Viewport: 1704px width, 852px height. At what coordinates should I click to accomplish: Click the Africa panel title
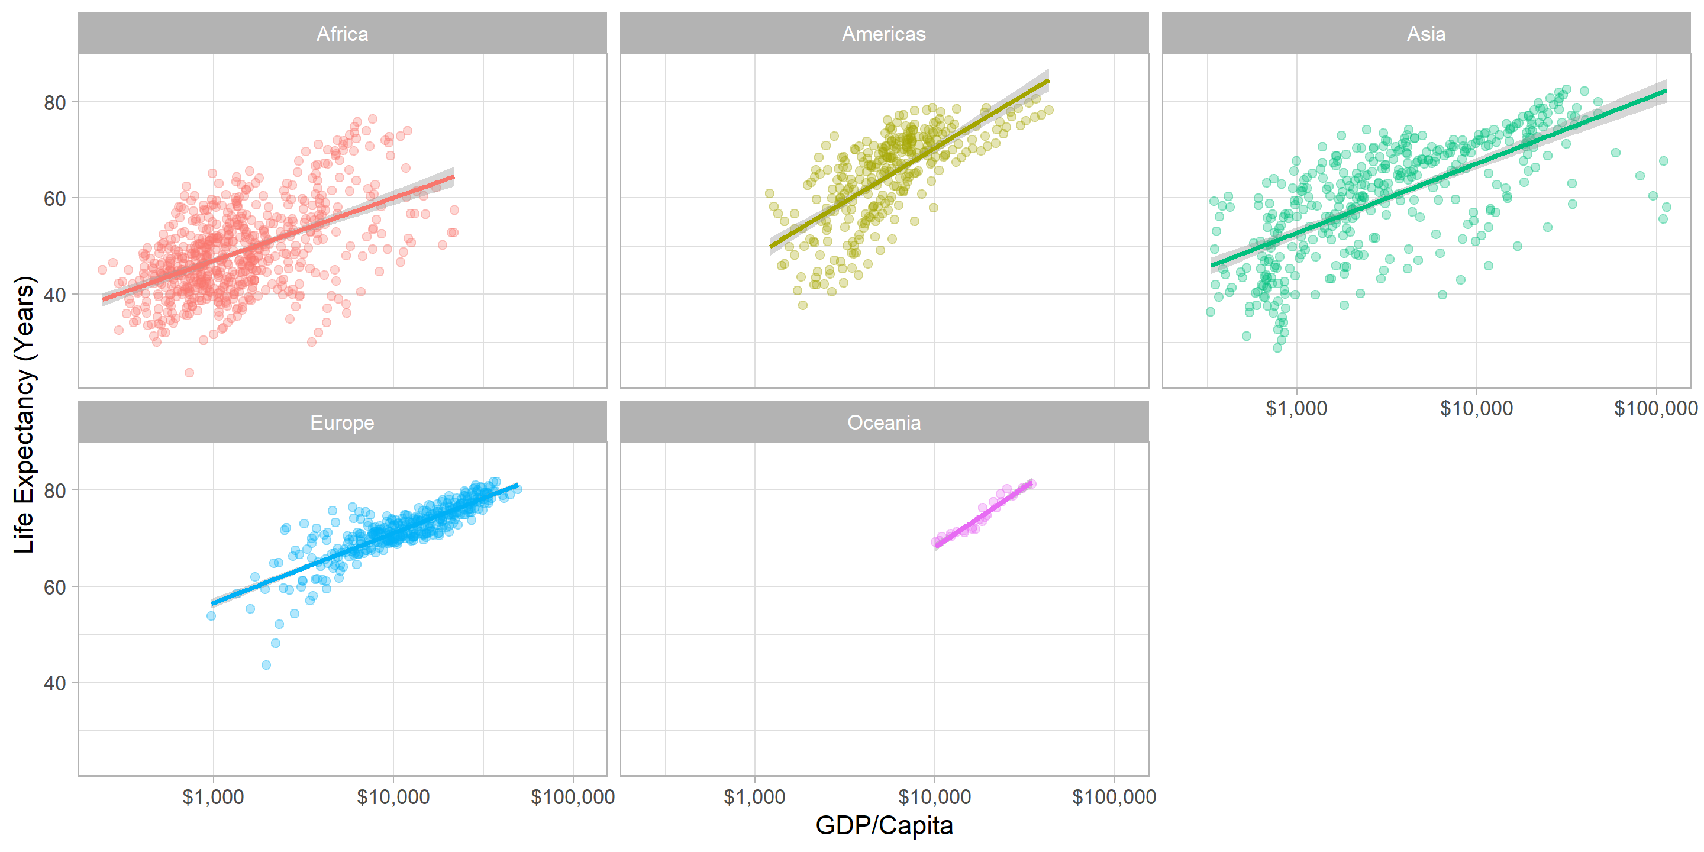point(342,34)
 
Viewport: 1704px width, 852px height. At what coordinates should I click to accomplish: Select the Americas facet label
point(884,34)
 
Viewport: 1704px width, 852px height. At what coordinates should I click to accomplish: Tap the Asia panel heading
point(1425,34)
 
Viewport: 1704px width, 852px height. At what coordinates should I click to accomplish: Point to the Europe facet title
point(342,422)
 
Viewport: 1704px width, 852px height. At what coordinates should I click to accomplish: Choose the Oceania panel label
point(884,422)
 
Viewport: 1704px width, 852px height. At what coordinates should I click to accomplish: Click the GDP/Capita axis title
point(884,825)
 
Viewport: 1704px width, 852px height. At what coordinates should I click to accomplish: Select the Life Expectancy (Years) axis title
point(24,414)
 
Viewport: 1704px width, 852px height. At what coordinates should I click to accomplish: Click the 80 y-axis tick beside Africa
point(55,102)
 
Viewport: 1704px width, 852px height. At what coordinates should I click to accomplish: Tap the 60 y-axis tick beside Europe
point(55,588)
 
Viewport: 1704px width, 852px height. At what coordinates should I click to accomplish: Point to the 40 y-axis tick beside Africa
point(55,295)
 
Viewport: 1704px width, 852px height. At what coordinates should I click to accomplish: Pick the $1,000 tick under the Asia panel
point(1296,409)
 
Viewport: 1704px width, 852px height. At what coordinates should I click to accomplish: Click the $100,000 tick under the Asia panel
point(1655,409)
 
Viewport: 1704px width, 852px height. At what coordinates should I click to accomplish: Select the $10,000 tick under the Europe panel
point(393,797)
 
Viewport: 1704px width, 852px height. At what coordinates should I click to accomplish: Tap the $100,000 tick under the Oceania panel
point(1114,797)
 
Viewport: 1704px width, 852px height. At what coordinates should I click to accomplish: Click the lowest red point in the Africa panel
point(189,372)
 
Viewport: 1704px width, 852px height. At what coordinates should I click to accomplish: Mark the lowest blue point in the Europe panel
point(266,665)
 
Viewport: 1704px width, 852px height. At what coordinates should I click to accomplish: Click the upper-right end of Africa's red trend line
point(454,177)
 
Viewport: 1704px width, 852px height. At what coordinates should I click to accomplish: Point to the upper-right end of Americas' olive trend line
point(1048,80)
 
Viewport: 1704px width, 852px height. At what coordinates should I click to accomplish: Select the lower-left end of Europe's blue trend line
point(212,603)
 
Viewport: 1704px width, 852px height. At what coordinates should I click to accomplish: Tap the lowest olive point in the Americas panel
point(802,305)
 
